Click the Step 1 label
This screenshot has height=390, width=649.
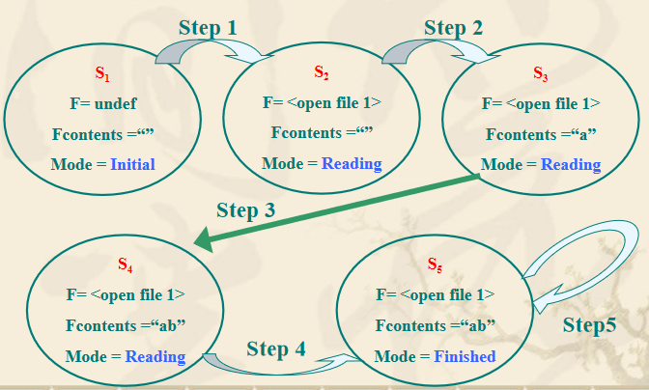(x=208, y=27)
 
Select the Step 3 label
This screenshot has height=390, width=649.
(x=246, y=209)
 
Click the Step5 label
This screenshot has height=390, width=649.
(x=589, y=325)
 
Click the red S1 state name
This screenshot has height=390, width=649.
(x=102, y=73)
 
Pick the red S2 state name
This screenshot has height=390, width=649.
(x=322, y=73)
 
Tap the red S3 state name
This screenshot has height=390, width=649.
(x=540, y=73)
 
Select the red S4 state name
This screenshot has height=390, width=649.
(x=125, y=264)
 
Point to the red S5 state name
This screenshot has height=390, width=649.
(x=435, y=264)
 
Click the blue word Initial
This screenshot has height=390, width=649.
(x=132, y=164)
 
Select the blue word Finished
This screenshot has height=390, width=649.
(x=465, y=356)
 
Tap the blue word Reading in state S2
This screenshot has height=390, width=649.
(x=352, y=164)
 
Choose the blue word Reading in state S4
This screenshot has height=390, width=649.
(x=155, y=356)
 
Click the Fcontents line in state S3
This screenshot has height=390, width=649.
(x=540, y=133)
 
